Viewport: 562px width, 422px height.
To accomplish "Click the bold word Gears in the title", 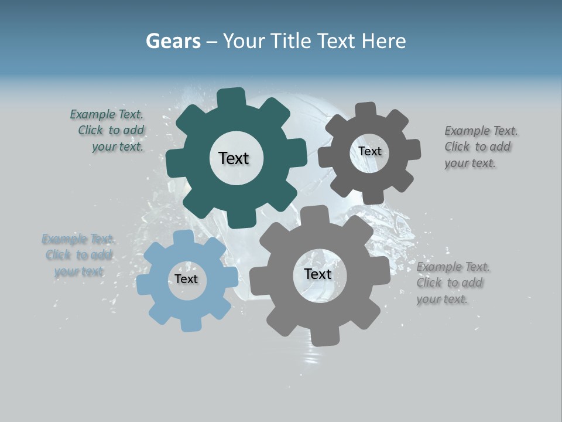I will coord(173,41).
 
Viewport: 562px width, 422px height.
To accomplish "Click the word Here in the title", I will coord(384,41).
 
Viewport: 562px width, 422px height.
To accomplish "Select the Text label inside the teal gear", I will coord(234,158).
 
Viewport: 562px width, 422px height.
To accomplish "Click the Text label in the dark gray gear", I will coord(369,151).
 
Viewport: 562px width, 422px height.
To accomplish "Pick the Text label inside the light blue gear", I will coord(186,279).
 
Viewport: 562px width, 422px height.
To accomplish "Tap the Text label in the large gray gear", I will coord(318,274).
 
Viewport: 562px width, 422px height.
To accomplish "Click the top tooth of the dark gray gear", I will coord(365,110).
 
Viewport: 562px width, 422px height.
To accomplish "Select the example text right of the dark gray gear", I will coord(480,147).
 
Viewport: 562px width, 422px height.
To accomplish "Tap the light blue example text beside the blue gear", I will coord(78,255).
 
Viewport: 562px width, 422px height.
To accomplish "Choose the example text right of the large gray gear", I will coord(452,283).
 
